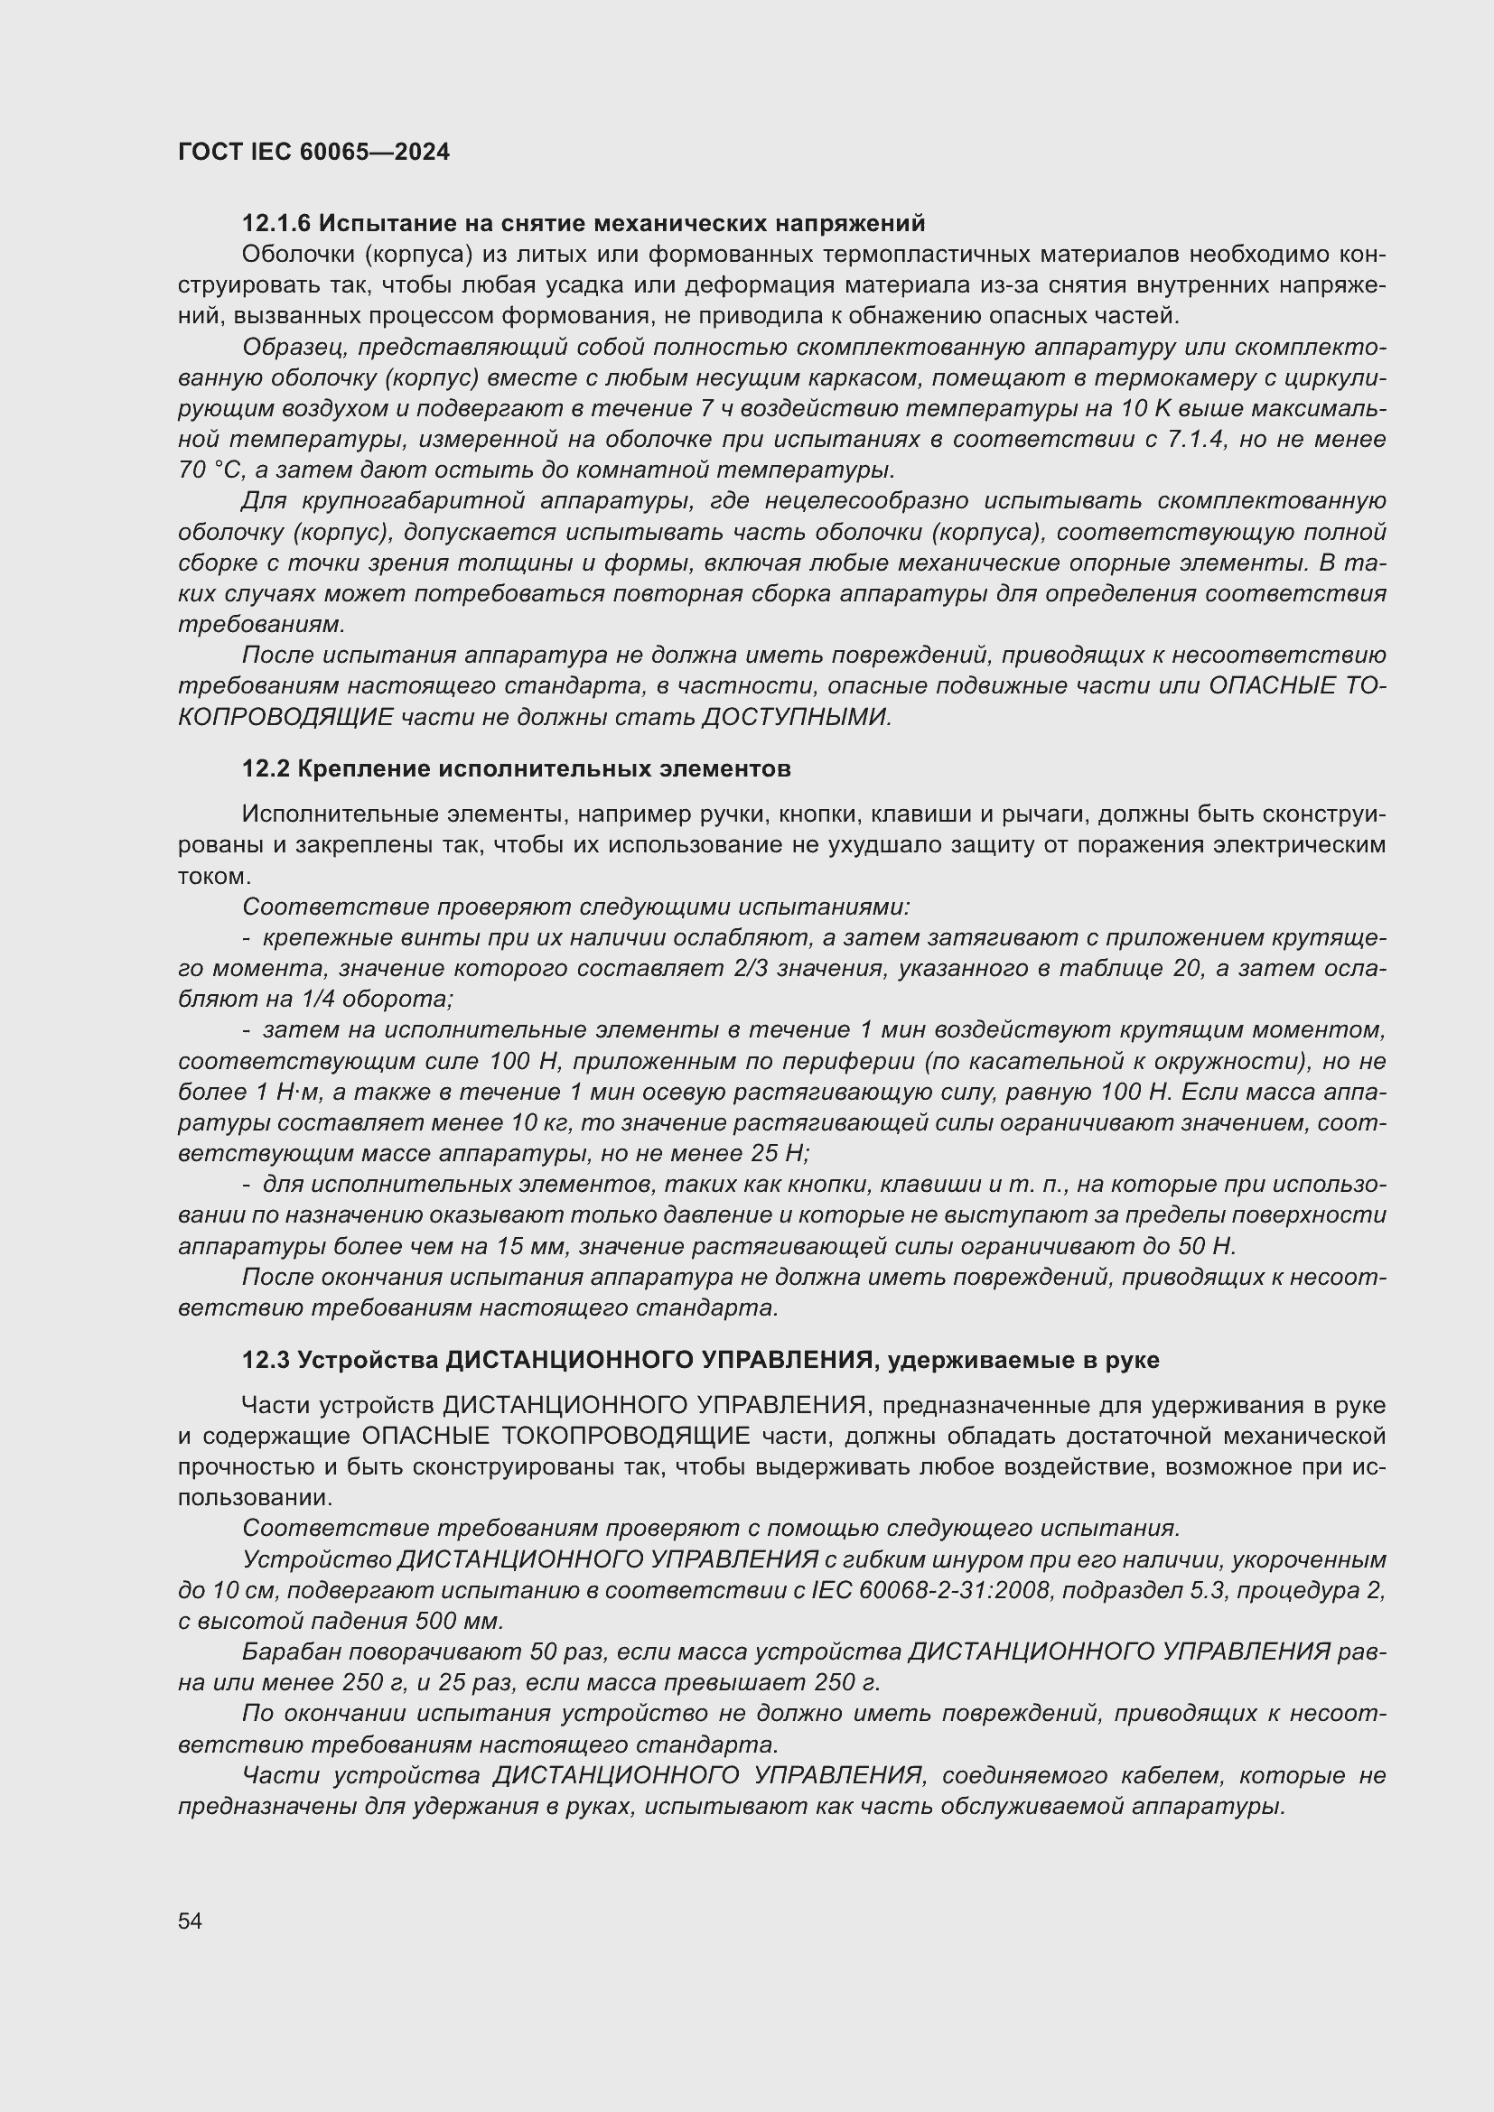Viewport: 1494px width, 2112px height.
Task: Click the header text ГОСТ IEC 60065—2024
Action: pos(313,152)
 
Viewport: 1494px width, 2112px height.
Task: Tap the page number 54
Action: pos(190,1921)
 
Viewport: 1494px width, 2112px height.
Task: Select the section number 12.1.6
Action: pos(276,224)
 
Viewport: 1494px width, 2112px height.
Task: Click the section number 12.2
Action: pos(266,769)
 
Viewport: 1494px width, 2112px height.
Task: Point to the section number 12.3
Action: pos(266,1360)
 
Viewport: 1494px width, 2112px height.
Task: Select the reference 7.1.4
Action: pos(1196,440)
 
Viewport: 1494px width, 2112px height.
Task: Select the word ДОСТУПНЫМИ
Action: pos(796,717)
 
